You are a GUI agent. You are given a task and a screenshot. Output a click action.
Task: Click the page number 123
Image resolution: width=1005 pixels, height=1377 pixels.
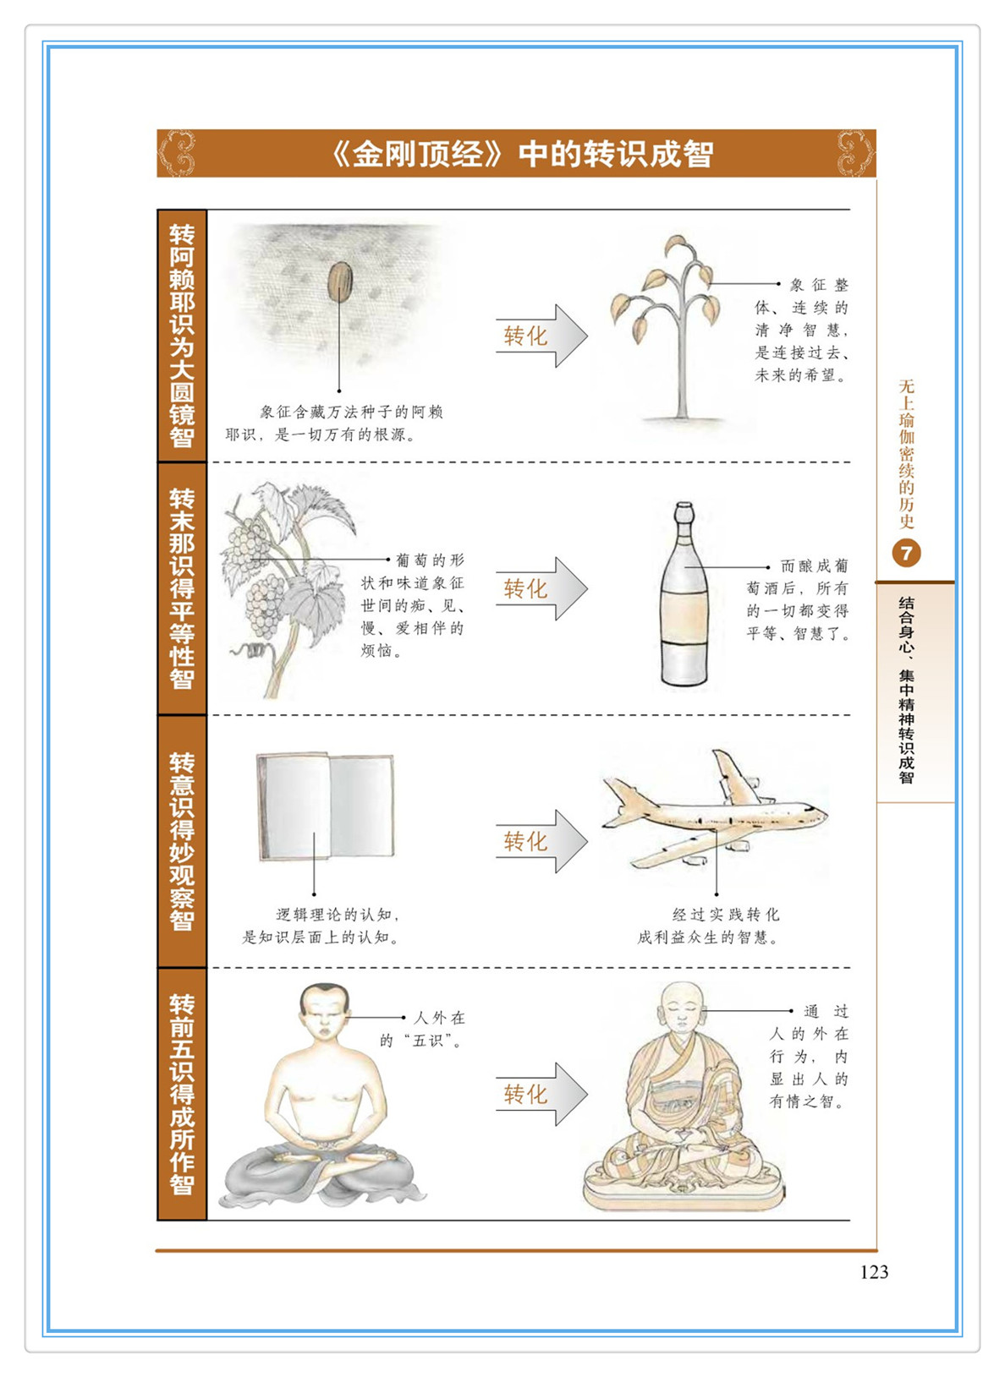click(x=874, y=1271)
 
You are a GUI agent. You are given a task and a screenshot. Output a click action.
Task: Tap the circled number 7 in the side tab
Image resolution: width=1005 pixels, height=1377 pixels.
click(x=907, y=554)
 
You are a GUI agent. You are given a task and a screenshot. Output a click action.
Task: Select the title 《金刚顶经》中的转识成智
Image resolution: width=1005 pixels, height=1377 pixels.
click(x=522, y=154)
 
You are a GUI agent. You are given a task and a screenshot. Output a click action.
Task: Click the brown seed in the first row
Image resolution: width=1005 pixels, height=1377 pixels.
click(x=339, y=282)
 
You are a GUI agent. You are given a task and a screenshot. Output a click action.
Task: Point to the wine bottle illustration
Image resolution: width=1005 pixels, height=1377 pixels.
click(x=684, y=594)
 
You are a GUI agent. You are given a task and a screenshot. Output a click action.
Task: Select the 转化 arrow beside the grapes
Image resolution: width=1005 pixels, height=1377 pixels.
click(x=541, y=588)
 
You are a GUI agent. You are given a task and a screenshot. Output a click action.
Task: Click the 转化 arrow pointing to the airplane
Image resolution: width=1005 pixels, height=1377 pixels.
click(x=541, y=841)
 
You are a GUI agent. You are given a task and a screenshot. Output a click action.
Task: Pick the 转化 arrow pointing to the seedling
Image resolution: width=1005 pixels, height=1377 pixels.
click(x=541, y=336)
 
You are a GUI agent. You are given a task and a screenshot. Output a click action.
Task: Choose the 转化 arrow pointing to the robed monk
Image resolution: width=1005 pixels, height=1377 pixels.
click(x=541, y=1094)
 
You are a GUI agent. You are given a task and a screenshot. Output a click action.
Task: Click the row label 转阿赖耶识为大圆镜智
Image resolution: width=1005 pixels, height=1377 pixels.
click(x=182, y=336)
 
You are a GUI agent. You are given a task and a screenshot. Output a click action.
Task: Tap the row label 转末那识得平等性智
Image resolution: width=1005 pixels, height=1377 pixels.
click(x=182, y=588)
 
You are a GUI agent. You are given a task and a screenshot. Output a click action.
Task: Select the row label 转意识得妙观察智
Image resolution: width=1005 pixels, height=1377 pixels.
click(x=182, y=841)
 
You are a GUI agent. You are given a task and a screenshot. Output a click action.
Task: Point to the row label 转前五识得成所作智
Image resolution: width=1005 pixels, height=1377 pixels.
click(x=182, y=1094)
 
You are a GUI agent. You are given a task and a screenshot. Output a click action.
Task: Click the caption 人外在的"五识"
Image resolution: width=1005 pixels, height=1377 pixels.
click(x=422, y=1029)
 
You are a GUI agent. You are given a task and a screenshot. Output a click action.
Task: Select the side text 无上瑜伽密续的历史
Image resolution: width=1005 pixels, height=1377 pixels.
click(x=907, y=454)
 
